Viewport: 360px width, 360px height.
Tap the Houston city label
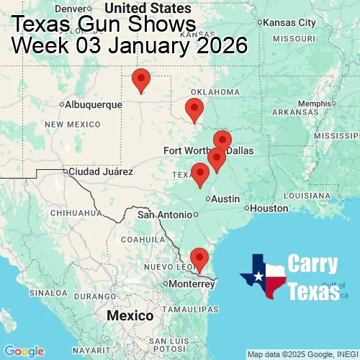tap(269, 208)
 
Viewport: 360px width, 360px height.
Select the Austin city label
tap(225, 199)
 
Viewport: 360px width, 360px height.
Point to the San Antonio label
tap(166, 215)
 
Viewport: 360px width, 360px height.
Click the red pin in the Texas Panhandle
tap(141, 80)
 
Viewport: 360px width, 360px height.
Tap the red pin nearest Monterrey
tap(199, 258)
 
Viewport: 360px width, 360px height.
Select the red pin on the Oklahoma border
tap(194, 110)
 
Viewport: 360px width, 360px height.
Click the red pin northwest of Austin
tap(199, 174)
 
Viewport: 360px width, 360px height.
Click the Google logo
tap(23, 351)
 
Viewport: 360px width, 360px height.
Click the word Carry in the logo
tap(313, 264)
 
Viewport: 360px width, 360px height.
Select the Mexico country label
tap(130, 316)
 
